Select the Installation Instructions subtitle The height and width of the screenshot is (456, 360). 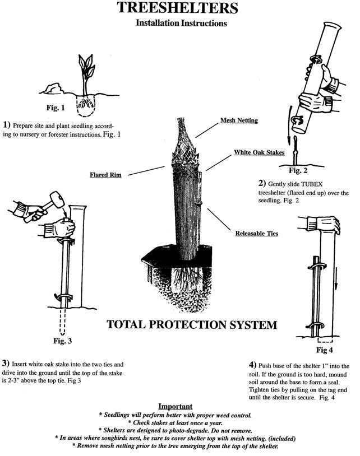pyautogui.click(x=181, y=24)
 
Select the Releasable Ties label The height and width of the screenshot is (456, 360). pyautogui.click(x=257, y=232)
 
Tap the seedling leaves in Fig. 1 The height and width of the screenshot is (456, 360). pyautogui.click(x=85, y=68)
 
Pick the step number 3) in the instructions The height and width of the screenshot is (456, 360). pyautogui.click(x=6, y=362)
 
